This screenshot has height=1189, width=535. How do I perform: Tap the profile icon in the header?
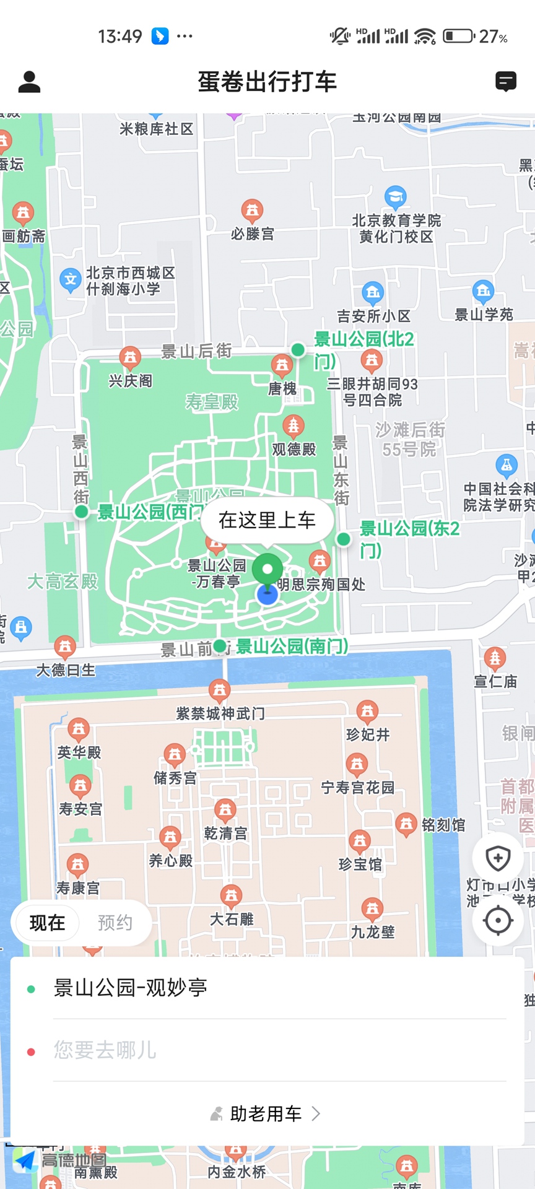coord(29,82)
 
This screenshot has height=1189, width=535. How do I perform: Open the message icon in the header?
coord(506,82)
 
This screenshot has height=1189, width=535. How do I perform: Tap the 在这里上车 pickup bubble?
coord(267,520)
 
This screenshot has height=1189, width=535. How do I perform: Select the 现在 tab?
coord(47,923)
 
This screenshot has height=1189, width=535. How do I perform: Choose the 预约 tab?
coord(115,923)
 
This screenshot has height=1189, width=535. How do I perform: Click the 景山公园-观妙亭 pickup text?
coord(131,988)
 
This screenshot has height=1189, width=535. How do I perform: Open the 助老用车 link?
coord(266,1114)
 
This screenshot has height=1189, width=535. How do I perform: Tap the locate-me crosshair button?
coord(498,920)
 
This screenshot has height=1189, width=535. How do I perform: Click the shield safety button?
coord(498,858)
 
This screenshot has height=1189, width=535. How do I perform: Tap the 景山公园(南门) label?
coord(292,647)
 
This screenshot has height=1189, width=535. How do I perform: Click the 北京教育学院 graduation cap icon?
coord(395,198)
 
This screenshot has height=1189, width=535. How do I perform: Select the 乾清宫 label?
coord(225,834)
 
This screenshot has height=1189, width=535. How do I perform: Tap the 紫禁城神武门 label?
coord(220,714)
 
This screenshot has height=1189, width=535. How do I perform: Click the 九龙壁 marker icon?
coord(372,908)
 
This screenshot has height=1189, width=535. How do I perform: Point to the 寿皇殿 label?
coord(212,403)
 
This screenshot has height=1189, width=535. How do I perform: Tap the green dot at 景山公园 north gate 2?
coord(298,350)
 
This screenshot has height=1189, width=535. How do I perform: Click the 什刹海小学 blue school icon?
coord(71,280)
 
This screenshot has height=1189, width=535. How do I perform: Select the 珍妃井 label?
coord(368,735)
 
